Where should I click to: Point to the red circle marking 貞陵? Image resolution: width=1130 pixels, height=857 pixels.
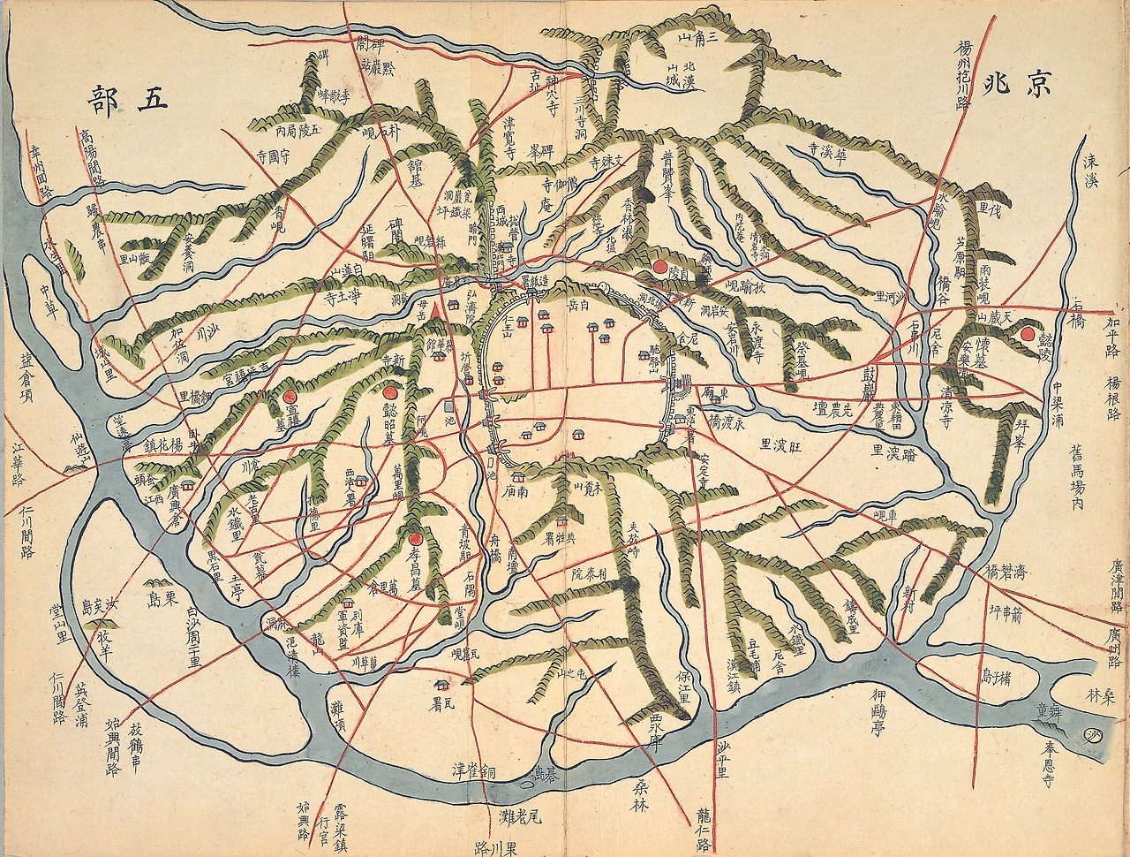pos(659,264)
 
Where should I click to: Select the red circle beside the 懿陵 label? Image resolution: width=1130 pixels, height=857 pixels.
pos(1028,333)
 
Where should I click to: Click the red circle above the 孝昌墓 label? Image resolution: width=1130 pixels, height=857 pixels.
pos(414,536)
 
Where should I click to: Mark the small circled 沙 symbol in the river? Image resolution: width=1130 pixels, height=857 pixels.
pos(1094,734)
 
